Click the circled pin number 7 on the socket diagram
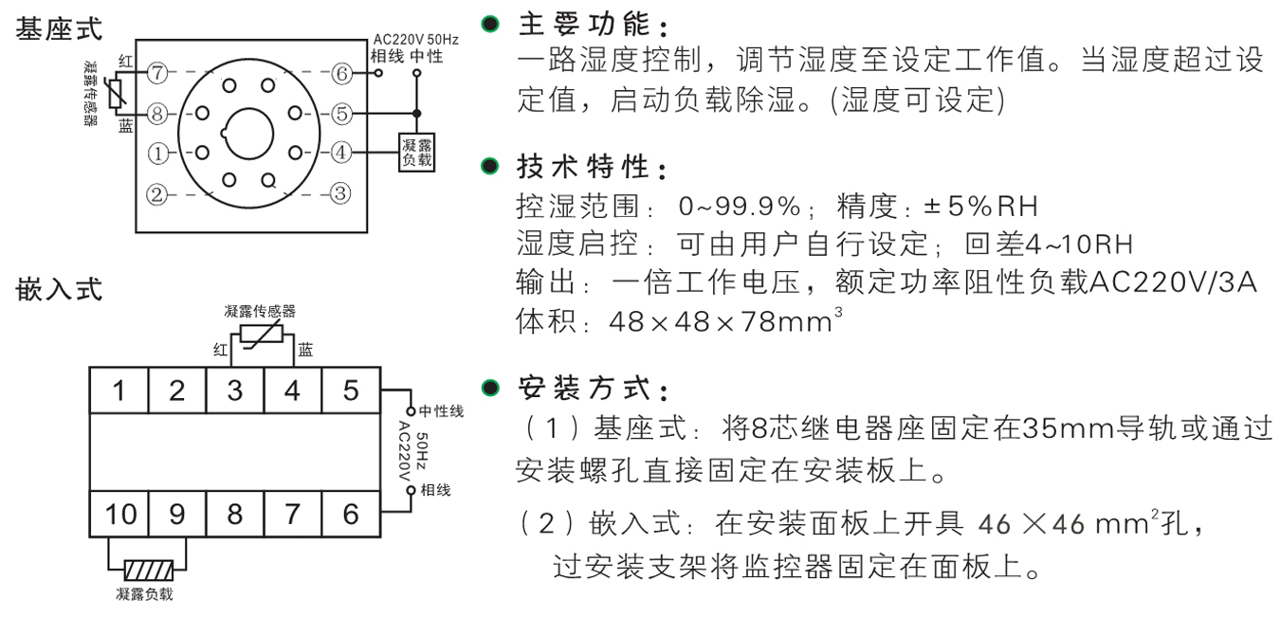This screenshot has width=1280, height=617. click(158, 73)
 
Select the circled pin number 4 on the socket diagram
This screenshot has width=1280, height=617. click(341, 152)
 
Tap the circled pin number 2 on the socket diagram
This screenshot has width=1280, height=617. click(157, 195)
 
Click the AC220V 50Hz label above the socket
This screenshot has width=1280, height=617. click(414, 40)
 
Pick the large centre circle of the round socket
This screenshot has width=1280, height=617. click(249, 132)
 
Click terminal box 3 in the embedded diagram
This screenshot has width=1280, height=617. click(235, 390)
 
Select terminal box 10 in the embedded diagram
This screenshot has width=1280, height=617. click(119, 514)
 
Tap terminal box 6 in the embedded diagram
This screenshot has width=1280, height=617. click(351, 514)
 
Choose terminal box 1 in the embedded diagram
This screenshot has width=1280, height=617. click(119, 390)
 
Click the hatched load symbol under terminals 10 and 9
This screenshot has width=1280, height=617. click(148, 571)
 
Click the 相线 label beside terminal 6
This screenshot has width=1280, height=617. click(435, 490)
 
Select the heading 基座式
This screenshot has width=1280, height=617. click(60, 28)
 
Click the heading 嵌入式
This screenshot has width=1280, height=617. click(60, 289)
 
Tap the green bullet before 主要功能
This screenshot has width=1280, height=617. click(489, 22)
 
